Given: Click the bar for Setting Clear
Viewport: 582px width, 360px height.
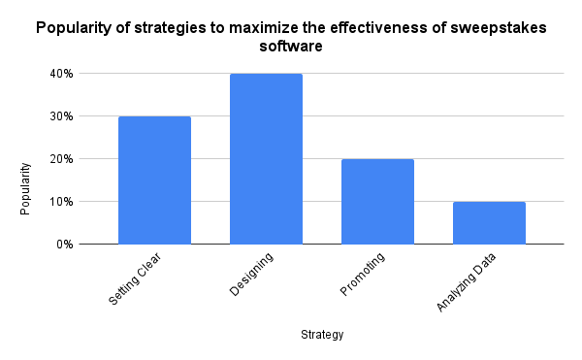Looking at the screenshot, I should (154, 180).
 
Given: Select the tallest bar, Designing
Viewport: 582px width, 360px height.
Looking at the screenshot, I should (266, 159).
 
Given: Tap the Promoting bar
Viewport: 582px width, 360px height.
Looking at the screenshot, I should (377, 202).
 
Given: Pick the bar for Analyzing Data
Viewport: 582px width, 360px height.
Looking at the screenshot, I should (489, 223).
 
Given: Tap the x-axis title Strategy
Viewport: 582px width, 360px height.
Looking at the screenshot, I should (321, 336).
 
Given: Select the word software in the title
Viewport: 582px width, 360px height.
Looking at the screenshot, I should (291, 46).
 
